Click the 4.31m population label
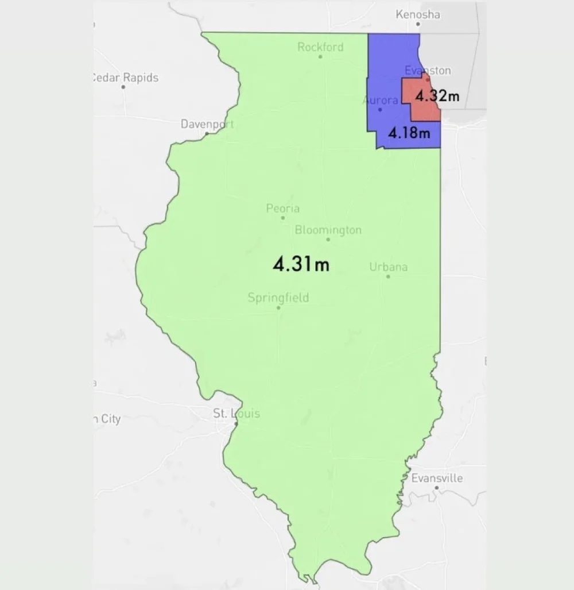point(301,264)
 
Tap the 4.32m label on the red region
point(437,95)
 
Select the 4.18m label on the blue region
point(409,133)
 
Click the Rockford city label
point(320,47)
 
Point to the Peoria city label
point(282,208)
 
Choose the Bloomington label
point(328,230)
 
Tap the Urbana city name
point(388,267)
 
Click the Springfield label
point(278,298)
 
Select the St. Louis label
point(236,413)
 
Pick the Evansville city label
point(437,478)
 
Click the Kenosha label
point(418,14)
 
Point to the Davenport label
point(207,124)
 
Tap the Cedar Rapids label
point(125,78)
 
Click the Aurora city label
point(381,100)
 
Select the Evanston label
point(428,70)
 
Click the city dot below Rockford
point(320,56)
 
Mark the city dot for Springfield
point(278,307)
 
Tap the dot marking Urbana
point(388,276)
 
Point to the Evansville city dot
point(437,488)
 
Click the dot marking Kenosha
point(418,24)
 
